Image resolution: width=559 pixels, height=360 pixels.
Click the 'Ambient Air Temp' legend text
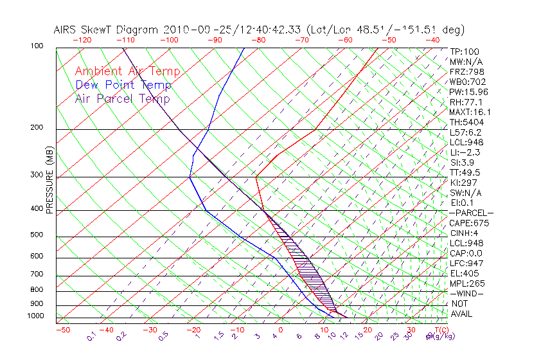coord(127,71)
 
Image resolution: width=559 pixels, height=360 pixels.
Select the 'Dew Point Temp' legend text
coord(123,85)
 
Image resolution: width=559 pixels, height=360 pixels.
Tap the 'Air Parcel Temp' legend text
coord(122,98)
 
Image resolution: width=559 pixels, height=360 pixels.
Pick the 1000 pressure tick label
coord(36,316)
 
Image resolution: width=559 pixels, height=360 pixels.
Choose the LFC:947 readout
coord(466,263)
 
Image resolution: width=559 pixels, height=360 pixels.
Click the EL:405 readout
coord(465,273)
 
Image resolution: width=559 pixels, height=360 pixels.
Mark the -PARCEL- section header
coord(471,213)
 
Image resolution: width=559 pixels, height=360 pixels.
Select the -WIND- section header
coord(466,293)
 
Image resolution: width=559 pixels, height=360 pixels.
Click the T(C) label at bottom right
coord(438,330)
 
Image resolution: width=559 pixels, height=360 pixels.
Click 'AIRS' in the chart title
coord(66,30)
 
